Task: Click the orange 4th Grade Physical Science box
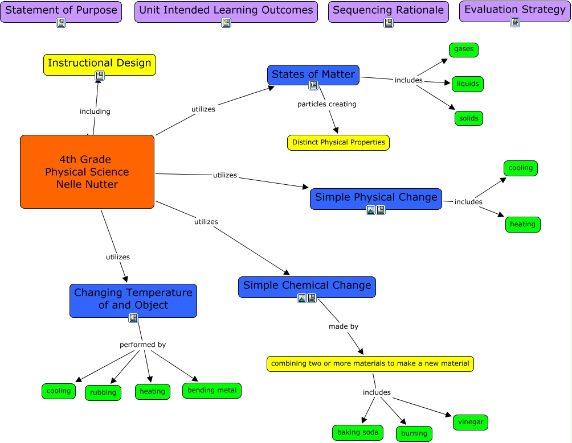pyautogui.click(x=87, y=172)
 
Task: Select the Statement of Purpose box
pyautogui.click(x=61, y=10)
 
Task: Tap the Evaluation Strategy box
pyautogui.click(x=515, y=10)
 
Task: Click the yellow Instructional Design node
pyautogui.click(x=100, y=63)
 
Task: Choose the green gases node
pyautogui.click(x=464, y=49)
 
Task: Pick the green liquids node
pyautogui.click(x=468, y=84)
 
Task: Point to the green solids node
pyautogui.click(x=469, y=118)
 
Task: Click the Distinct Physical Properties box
pyautogui.click(x=338, y=142)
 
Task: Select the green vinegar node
pyautogui.click(x=471, y=422)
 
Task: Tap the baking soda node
pyautogui.click(x=358, y=433)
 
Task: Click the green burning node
pyautogui.click(x=414, y=433)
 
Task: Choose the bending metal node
pyautogui.click(x=212, y=390)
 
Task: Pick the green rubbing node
pyautogui.click(x=103, y=392)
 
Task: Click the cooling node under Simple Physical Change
pyautogui.click(x=521, y=168)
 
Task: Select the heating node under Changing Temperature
pyautogui.click(x=152, y=391)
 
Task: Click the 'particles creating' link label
pyautogui.click(x=327, y=104)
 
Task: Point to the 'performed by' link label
pyautogui.click(x=142, y=345)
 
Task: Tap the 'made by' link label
pyautogui.click(x=344, y=326)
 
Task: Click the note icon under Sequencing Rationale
pyautogui.click(x=389, y=23)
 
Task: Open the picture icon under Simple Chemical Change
pyautogui.click(x=302, y=298)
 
